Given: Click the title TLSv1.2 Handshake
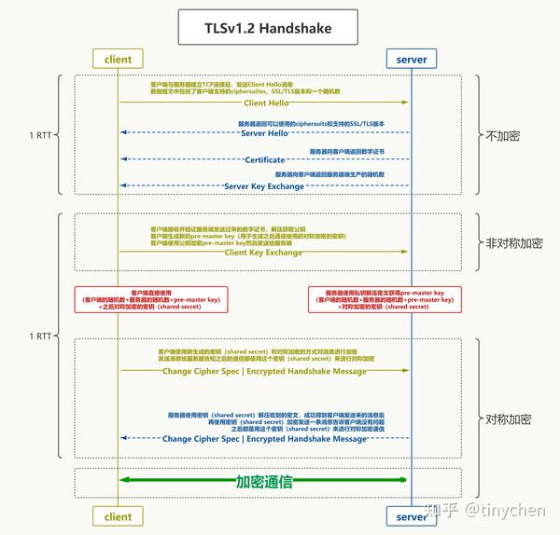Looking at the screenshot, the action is click(267, 29).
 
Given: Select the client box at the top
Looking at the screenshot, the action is click(119, 59).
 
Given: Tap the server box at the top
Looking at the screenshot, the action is click(411, 59).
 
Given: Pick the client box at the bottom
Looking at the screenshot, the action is click(119, 515).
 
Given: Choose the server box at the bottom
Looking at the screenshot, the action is click(411, 515).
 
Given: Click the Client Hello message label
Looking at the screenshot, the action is click(264, 103).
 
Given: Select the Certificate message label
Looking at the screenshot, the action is click(265, 159).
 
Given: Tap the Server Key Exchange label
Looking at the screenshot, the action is click(265, 185).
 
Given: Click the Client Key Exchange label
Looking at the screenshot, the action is click(264, 252).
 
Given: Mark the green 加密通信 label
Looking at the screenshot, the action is click(264, 482).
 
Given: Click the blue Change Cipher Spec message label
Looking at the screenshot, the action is click(265, 438).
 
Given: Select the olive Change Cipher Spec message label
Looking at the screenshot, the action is click(265, 371).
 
